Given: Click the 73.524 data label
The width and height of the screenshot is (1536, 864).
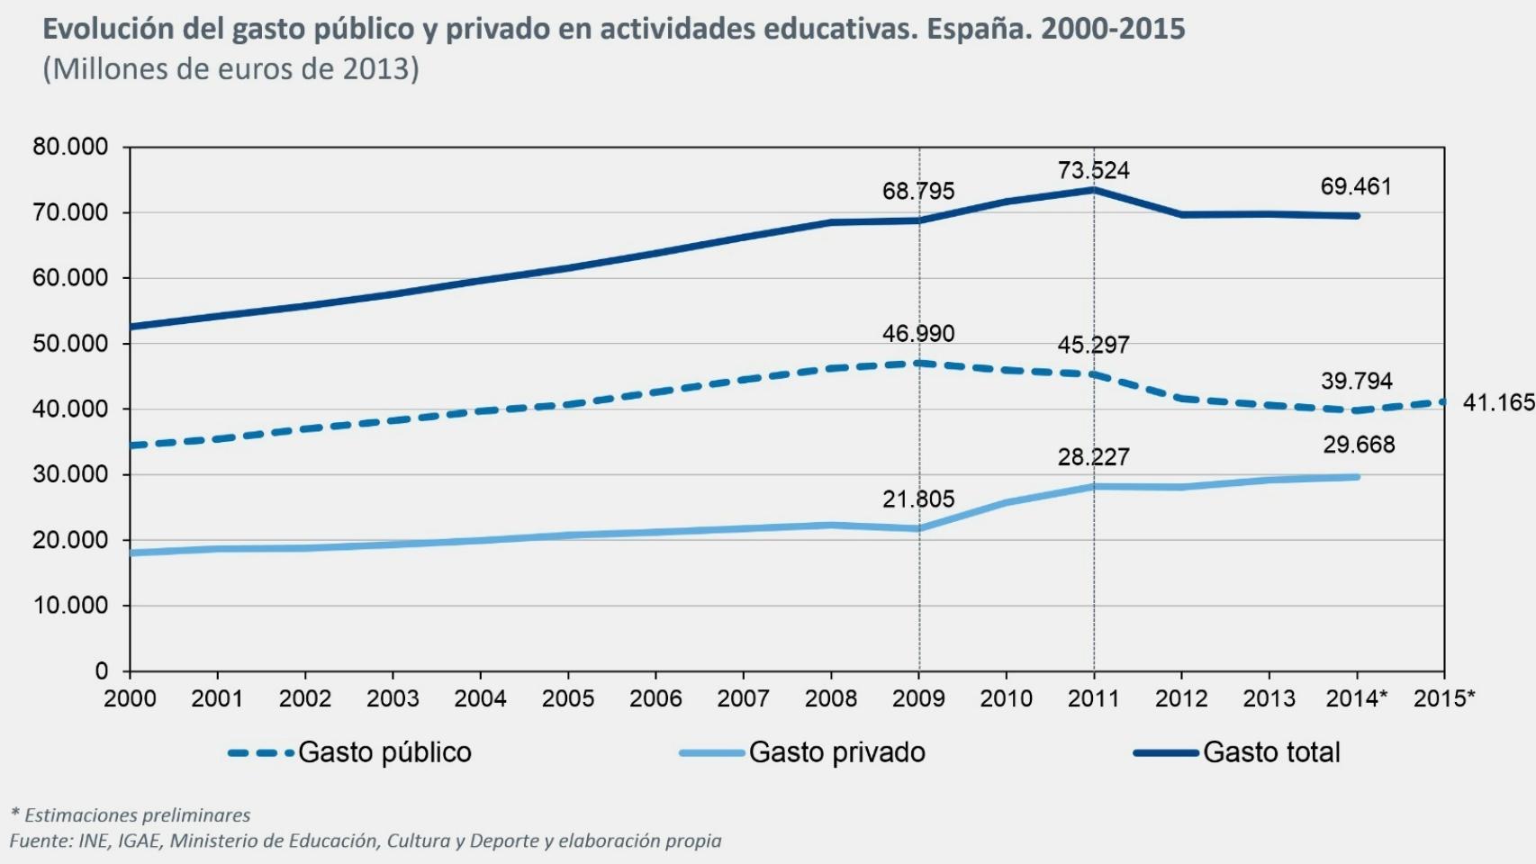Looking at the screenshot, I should click(1093, 170).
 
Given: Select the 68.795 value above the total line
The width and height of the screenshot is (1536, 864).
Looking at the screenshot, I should click(918, 191).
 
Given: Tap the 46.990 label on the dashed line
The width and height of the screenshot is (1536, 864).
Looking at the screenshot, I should click(918, 333).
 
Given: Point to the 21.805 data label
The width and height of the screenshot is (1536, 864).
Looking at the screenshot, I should click(918, 499).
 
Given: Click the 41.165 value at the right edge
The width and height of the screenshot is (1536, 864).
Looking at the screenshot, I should click(1498, 402).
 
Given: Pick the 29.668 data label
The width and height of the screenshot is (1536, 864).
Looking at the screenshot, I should click(1359, 445).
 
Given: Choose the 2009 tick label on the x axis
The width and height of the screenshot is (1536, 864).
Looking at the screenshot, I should click(918, 698).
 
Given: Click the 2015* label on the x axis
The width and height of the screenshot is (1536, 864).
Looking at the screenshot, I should click(1444, 698).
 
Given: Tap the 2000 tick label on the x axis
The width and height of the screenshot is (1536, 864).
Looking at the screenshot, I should click(130, 698).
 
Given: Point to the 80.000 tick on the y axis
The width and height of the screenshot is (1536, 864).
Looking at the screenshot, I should click(70, 147).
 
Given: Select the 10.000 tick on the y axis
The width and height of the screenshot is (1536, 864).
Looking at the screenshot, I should click(70, 606).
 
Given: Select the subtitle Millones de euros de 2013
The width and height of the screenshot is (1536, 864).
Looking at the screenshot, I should click(230, 68).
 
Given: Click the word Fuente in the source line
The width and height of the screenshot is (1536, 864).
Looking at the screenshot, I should click(41, 841).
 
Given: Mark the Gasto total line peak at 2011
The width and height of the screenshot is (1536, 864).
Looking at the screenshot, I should click(1094, 189).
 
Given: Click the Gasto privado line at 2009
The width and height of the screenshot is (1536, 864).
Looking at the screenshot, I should click(918, 528).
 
